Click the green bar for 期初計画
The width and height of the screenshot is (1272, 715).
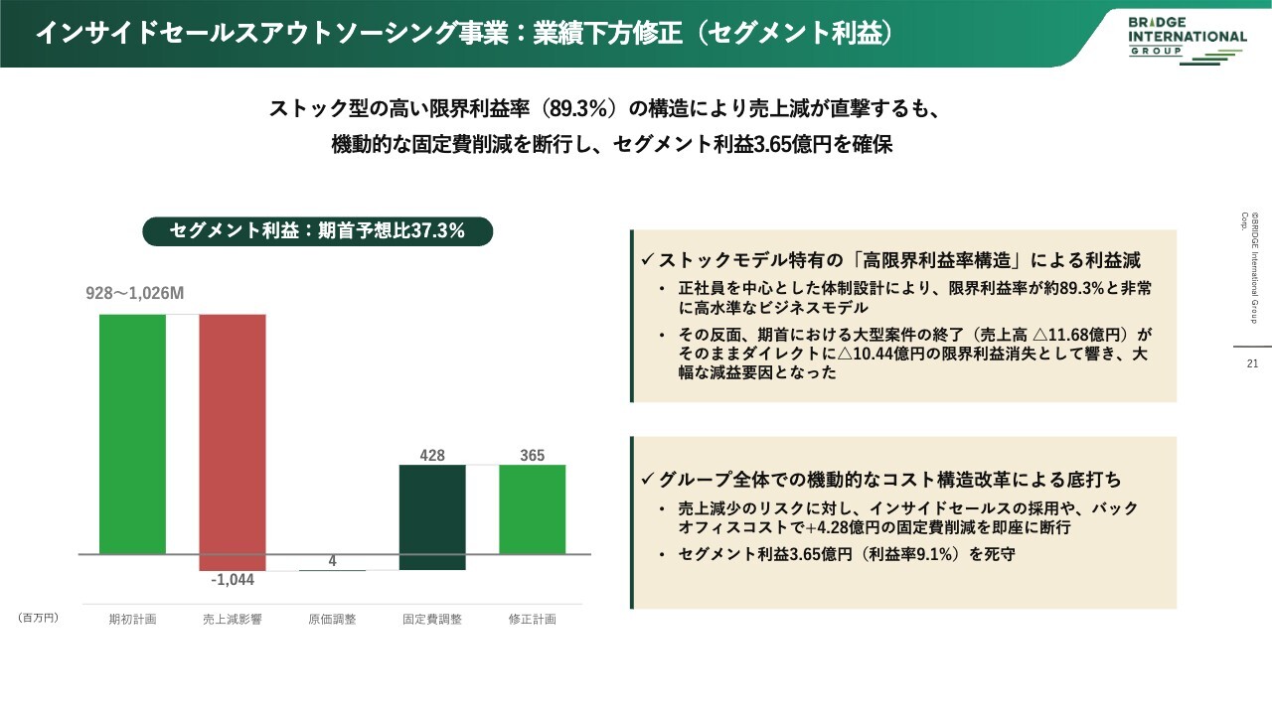(132, 434)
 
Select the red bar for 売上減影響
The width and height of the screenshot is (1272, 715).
(233, 443)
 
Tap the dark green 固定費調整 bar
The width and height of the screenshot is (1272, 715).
(432, 517)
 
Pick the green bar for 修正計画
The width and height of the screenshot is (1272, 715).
(532, 509)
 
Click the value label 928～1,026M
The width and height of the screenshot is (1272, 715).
(134, 293)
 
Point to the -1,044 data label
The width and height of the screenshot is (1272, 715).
(233, 580)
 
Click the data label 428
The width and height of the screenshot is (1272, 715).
(432, 455)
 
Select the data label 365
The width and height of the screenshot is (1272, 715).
(532, 455)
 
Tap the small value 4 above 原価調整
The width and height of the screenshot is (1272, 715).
(332, 561)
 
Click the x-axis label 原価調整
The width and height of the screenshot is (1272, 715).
(332, 619)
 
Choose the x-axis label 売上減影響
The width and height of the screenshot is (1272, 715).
(233, 619)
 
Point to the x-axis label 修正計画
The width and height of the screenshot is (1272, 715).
(532, 619)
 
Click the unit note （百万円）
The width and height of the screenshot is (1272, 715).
(38, 618)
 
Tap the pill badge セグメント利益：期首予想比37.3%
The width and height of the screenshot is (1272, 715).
(317, 231)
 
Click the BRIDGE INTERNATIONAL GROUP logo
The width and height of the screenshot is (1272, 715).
(1187, 40)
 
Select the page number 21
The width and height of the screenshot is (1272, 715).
(1252, 363)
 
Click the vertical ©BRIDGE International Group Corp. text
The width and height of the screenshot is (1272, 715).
(1249, 267)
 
